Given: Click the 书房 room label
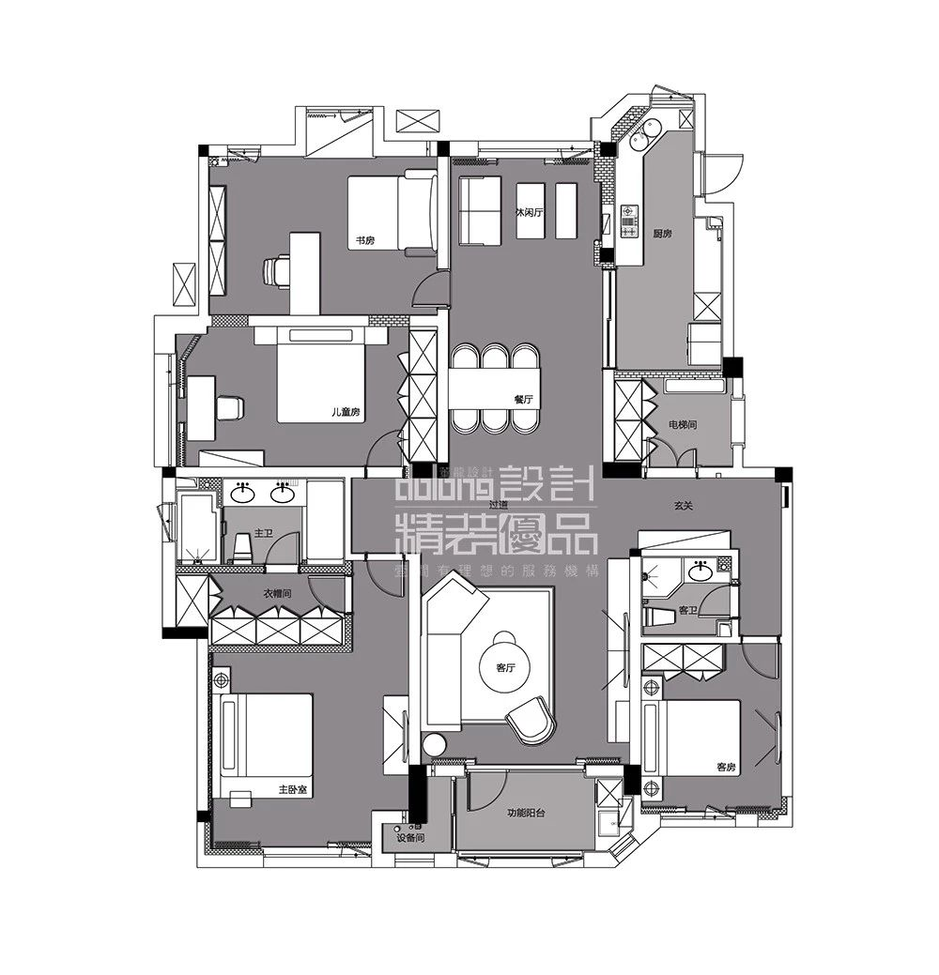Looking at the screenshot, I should [x=364, y=241].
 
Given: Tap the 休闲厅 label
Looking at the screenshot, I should [x=530, y=213].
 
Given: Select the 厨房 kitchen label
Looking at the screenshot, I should [x=662, y=234].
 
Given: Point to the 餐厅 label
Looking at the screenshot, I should [x=523, y=399].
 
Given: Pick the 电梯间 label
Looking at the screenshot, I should [x=682, y=425].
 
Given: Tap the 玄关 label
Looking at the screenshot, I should [x=683, y=506].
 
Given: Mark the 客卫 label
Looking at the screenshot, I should [x=687, y=610].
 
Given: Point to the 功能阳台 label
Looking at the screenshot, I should [x=526, y=813].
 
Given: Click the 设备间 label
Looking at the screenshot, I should [x=411, y=837].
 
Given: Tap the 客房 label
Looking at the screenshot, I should [x=726, y=767].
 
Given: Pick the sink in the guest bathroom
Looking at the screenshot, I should [x=699, y=570].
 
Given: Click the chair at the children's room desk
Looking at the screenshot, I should [x=228, y=408].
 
